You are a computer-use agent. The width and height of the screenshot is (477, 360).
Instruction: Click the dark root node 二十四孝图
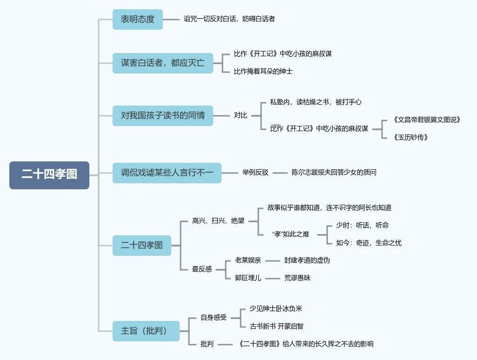[49, 175]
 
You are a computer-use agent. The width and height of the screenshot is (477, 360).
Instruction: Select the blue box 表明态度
[137, 20]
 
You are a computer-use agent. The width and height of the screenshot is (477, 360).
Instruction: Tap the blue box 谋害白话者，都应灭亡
[163, 63]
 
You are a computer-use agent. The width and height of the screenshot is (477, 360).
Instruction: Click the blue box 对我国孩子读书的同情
[163, 115]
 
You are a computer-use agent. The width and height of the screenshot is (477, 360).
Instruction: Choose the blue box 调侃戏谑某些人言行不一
[167, 173]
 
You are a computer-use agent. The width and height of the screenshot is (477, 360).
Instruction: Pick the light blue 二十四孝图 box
[142, 246]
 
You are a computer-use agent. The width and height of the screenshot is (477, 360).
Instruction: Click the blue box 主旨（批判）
[146, 331]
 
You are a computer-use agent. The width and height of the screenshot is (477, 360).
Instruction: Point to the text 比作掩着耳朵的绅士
[263, 72]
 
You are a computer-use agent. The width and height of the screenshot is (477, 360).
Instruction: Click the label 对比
[240, 115]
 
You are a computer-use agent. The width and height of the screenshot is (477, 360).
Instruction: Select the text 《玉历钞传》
[410, 137]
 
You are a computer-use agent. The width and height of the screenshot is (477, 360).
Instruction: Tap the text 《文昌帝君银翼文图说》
[426, 120]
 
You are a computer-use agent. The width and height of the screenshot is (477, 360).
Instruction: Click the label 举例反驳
[255, 173]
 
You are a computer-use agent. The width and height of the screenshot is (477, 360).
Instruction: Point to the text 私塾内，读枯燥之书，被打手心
[316, 102]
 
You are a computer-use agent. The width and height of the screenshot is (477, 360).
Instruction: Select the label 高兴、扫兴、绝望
[218, 221]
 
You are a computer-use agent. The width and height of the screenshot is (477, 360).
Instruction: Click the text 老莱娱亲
[248, 260]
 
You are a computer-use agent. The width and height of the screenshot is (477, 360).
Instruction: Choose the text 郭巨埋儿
[248, 278]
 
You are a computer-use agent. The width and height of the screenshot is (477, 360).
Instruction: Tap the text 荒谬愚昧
[297, 278]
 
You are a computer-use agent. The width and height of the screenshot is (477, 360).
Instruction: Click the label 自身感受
[214, 318]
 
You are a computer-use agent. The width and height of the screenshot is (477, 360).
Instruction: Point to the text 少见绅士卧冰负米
[276, 309]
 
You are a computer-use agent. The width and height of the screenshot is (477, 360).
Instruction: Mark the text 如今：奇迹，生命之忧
[369, 243]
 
